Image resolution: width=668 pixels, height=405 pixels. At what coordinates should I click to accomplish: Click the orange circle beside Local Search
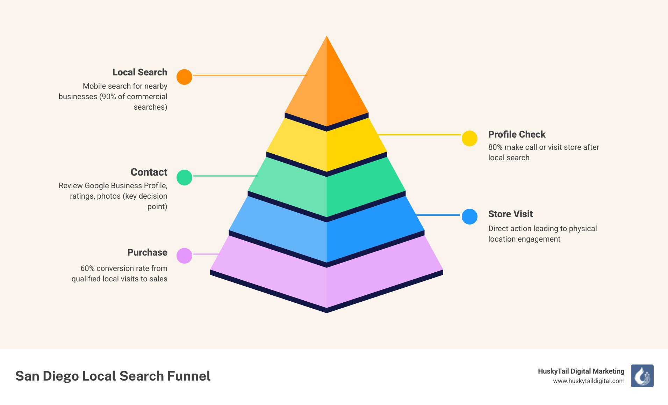point(184,77)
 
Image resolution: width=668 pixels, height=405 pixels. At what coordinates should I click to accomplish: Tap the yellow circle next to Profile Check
point(469,138)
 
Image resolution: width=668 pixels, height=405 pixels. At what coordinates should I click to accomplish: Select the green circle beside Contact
point(184,177)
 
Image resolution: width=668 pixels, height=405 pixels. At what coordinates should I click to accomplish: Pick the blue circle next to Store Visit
point(469,216)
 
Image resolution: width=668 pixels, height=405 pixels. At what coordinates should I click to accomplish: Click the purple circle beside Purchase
point(184,256)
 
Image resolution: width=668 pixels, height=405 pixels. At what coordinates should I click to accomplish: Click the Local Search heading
point(139,72)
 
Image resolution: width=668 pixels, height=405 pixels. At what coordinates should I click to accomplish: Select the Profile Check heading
point(517,134)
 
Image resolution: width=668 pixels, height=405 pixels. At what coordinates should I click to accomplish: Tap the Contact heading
point(149,172)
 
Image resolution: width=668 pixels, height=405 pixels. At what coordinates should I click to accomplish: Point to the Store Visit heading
point(510,214)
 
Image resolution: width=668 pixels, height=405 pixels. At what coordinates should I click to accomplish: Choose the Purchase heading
point(147,252)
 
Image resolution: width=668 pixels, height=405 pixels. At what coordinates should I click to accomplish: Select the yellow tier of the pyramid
point(326,147)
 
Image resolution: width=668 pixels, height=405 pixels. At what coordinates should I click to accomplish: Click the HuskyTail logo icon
point(642,376)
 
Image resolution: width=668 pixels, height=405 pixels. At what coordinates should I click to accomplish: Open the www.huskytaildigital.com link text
point(589,381)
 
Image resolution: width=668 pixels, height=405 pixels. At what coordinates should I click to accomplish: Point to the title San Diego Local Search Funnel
point(113,376)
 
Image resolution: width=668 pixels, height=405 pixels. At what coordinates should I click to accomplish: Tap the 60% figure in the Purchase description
point(87,268)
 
